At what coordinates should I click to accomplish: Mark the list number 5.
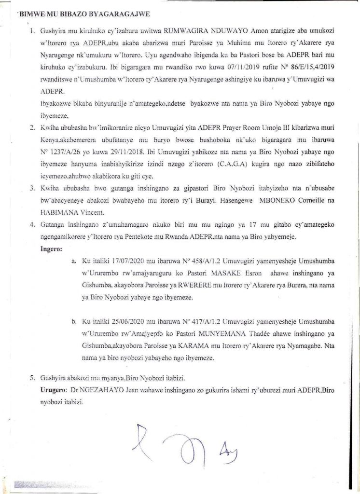pos(32,378)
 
